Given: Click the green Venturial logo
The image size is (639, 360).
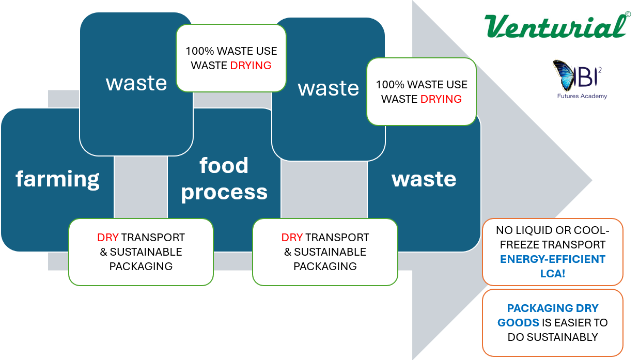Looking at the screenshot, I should [555, 26].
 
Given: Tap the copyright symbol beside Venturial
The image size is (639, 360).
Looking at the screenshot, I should [628, 15].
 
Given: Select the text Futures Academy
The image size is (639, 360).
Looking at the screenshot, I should [582, 96].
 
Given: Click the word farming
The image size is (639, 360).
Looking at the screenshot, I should [57, 179].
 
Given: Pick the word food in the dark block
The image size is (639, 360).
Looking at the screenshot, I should [224, 166].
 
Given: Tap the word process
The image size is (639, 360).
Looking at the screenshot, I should [224, 192].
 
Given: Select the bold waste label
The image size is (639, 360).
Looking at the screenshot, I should [424, 179].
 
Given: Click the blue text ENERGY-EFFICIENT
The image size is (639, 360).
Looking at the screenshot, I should [553, 259].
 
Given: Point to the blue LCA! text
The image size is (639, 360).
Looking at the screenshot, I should [553, 274].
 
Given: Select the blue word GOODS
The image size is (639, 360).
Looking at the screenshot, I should [518, 323].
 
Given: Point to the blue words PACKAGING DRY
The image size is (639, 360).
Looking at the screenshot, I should [553, 308].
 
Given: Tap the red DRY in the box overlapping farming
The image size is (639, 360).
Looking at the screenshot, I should [108, 238].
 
